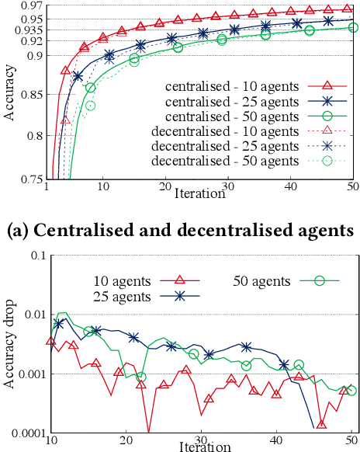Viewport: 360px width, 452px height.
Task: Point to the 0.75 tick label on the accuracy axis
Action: (31, 179)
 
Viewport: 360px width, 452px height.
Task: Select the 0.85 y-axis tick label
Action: (31, 97)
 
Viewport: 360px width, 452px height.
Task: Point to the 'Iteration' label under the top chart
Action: (200, 193)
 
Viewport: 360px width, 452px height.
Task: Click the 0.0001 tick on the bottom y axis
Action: (26, 433)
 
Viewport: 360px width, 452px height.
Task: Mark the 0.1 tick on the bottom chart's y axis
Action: (36, 256)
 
